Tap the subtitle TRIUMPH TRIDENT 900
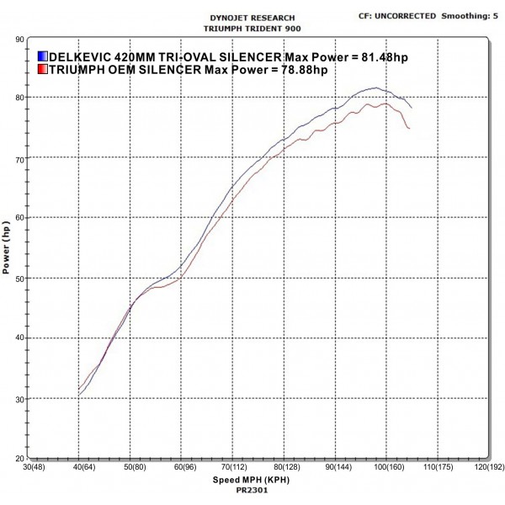click(252, 27)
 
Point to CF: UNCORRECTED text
click(398, 14)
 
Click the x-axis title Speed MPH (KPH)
click(252, 480)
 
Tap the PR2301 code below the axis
click(252, 489)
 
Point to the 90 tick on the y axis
click(19, 39)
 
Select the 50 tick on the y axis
click(19, 279)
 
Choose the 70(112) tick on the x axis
click(234, 467)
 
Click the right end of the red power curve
click(409, 129)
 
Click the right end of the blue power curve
click(412, 108)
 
